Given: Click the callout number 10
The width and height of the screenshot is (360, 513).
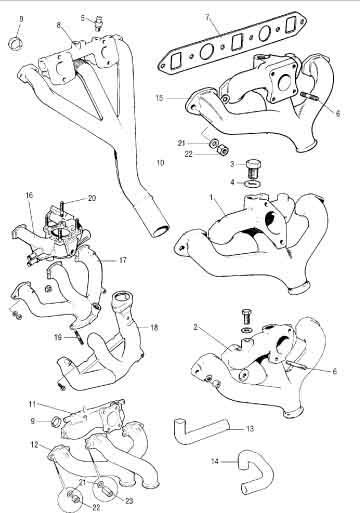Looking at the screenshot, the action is tap(160, 163).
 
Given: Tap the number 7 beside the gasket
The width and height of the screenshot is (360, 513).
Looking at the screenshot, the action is tap(207, 17).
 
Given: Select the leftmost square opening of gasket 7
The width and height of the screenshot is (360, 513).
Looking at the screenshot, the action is tap(175, 61).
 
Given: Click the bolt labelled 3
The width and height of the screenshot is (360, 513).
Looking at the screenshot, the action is tap(254, 169).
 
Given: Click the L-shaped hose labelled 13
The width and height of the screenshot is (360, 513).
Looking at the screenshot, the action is tap(201, 430).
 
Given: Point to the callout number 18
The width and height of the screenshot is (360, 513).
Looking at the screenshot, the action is tap(154, 328).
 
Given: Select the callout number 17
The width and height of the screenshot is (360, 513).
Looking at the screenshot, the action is tap(123, 260).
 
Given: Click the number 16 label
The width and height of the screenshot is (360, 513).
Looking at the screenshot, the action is tap(29, 195).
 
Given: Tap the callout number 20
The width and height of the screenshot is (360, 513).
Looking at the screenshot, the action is tap(92, 198).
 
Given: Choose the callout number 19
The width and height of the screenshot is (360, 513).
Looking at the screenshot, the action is tap(58, 338).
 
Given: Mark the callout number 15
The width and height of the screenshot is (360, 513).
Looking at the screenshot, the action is tap(160, 98).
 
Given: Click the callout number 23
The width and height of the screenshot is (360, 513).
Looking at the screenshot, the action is tap(129, 501).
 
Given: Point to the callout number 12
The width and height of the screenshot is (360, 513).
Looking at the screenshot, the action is tap(35, 445).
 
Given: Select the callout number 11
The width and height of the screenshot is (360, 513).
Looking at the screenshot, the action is tap(32, 404).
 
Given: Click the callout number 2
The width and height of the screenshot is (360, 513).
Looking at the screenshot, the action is tap(196, 327).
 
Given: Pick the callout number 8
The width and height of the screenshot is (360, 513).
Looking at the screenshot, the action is tap(59, 25).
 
